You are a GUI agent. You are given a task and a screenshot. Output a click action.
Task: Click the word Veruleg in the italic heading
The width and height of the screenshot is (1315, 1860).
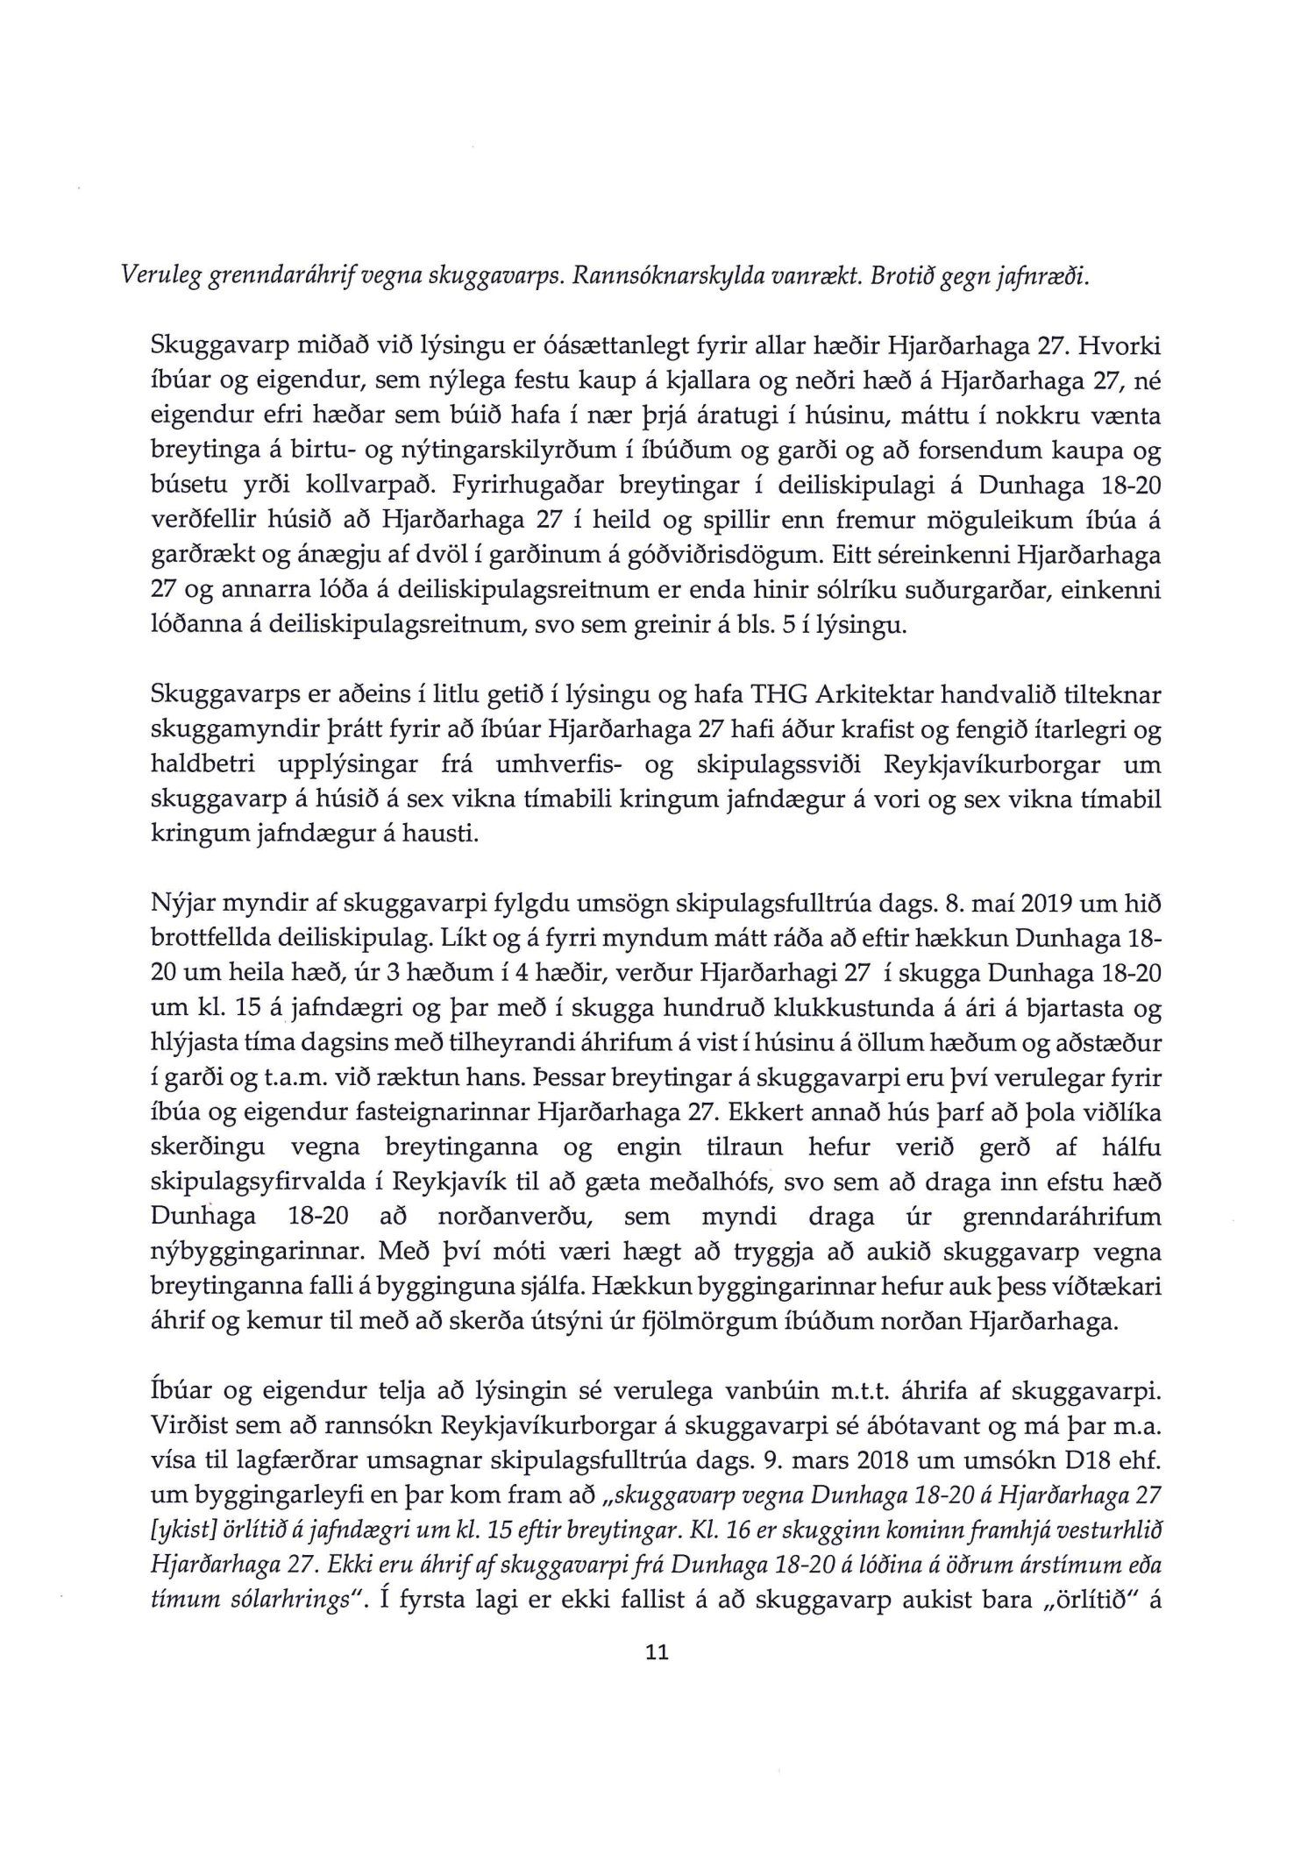[x=153, y=277]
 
